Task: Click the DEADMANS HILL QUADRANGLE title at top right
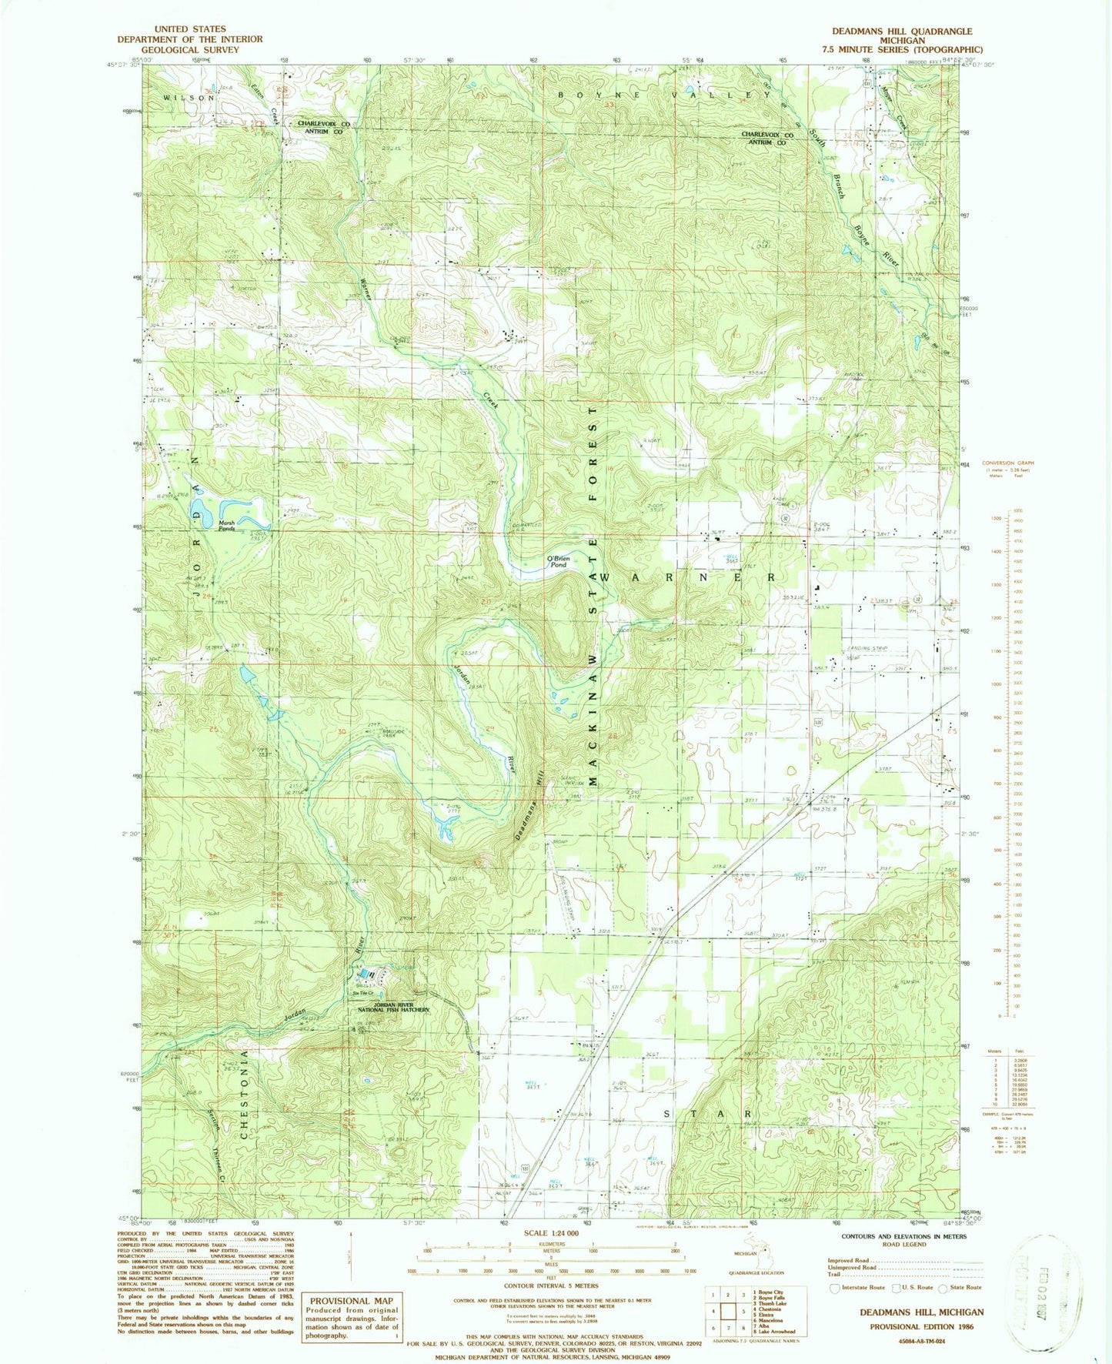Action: (x=901, y=32)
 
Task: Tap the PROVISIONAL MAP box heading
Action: (x=351, y=1300)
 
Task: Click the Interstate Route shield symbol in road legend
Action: (x=834, y=1287)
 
